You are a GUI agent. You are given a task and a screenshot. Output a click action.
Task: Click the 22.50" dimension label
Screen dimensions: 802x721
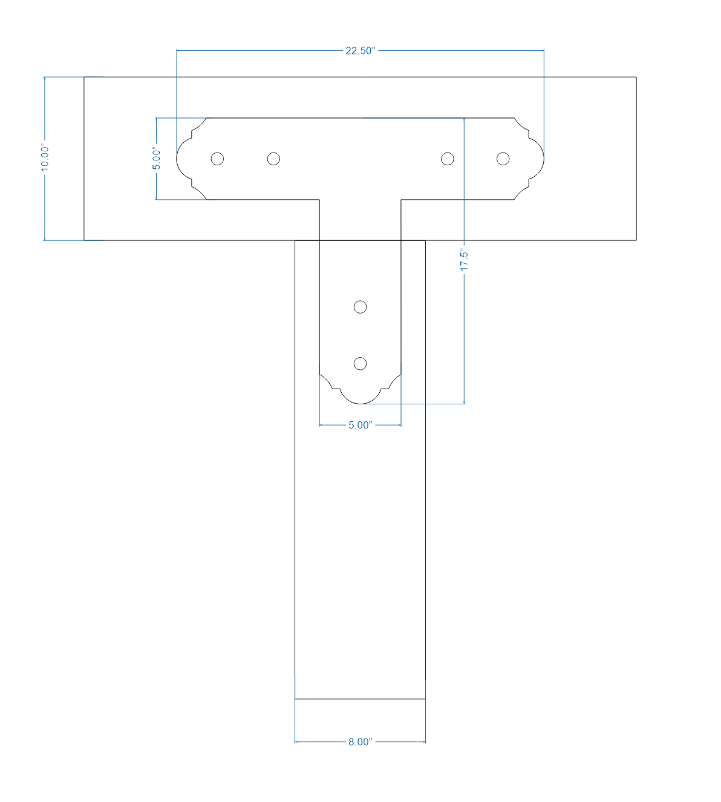[x=360, y=51]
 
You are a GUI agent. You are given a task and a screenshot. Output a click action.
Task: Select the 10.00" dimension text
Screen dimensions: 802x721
[x=45, y=158]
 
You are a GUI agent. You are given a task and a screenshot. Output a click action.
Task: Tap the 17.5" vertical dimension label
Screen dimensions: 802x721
[x=464, y=260]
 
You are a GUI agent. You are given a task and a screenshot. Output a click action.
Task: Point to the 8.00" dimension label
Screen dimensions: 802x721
[x=360, y=742]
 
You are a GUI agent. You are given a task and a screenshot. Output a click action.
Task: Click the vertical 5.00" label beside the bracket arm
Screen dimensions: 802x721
[x=157, y=159]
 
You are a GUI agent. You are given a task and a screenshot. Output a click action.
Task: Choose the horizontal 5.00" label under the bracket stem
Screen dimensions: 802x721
[x=360, y=426]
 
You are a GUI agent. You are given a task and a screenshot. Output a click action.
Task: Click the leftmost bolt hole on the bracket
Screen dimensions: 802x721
[x=217, y=159]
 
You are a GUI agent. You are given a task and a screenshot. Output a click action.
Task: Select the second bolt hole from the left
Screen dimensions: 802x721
[x=273, y=159]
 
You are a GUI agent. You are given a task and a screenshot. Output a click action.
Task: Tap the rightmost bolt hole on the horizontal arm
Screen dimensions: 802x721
[x=503, y=159]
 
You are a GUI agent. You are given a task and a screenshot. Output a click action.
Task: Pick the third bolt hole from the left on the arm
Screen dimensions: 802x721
[x=447, y=159]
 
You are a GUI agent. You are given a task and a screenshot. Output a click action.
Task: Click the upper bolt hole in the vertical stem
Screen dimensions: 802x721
[x=360, y=307]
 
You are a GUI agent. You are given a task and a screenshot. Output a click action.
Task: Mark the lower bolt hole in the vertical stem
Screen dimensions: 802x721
[x=360, y=363]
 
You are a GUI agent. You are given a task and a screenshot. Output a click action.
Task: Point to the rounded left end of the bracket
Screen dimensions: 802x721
[x=178, y=159]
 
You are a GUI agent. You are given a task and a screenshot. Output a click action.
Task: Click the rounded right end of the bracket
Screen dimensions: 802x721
[x=543, y=159]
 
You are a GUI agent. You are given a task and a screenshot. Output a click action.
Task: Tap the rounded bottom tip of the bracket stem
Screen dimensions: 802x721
[x=360, y=403]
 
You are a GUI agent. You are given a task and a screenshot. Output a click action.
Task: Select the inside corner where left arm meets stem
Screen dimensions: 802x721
[x=319, y=200]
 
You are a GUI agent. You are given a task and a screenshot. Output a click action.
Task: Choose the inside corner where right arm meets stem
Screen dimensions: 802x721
[x=401, y=200]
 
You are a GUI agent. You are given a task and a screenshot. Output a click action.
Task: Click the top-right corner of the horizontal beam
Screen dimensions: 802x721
[x=636, y=77]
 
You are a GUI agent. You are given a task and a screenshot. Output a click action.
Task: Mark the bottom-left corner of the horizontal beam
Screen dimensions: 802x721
[x=84, y=240]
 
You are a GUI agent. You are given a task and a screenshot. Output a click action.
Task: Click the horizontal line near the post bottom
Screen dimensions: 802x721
[x=360, y=699]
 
